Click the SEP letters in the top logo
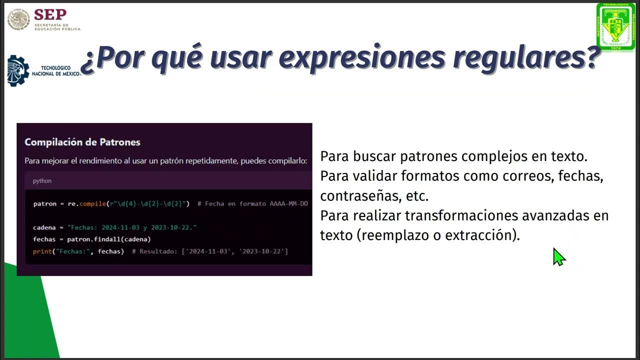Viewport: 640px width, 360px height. (50, 14)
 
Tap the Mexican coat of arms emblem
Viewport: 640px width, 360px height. (18, 20)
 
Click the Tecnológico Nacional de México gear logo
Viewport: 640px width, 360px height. (18, 70)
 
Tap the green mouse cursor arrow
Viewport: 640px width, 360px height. (558, 256)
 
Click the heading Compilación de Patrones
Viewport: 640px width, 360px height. (82, 142)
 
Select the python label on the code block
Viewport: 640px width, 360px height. (42, 180)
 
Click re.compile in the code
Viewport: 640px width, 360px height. (88, 204)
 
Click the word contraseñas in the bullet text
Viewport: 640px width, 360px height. (360, 196)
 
